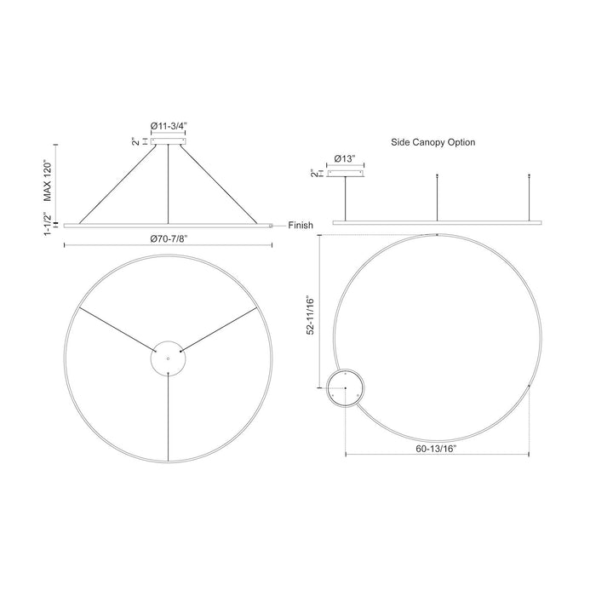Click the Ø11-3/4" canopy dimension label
click(x=169, y=126)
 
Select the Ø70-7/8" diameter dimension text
click(x=169, y=238)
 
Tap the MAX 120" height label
click(x=48, y=181)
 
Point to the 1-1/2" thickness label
click(x=48, y=224)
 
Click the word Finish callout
click(x=301, y=226)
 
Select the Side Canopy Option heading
click(x=433, y=142)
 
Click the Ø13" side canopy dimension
click(x=345, y=158)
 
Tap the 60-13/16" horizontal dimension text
click(x=436, y=449)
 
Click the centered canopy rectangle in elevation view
click(x=169, y=141)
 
